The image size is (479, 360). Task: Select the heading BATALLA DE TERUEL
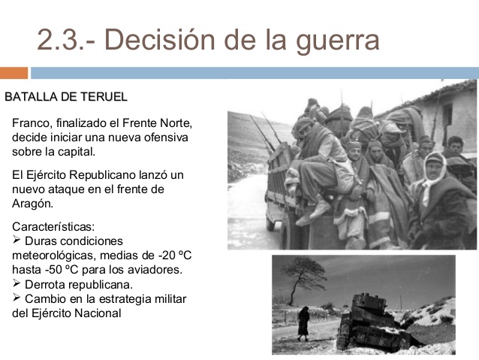click(x=66, y=97)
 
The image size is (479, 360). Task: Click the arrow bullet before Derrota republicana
click(x=18, y=284)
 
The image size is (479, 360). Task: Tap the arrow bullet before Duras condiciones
click(x=18, y=241)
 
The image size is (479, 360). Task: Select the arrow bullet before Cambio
click(x=18, y=298)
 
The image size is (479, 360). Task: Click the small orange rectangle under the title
click(x=14, y=73)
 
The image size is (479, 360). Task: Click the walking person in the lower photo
click(x=303, y=322)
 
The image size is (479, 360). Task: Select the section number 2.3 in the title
click(x=60, y=40)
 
